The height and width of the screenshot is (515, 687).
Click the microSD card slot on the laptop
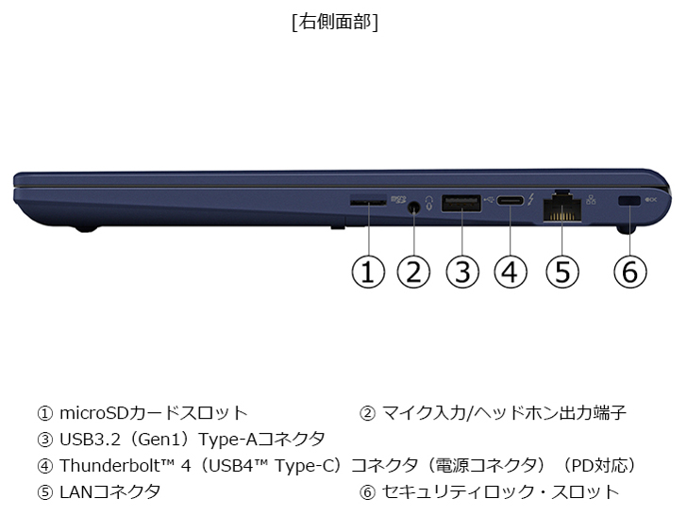368,202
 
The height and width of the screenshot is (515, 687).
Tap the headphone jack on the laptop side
412,208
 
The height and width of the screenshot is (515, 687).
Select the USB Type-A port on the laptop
461,203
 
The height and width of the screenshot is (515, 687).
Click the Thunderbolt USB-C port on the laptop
510,201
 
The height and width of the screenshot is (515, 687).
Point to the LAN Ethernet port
562,208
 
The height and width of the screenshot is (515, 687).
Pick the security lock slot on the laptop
629,201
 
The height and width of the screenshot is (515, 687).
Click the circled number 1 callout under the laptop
368,272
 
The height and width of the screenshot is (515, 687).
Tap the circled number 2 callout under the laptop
413,272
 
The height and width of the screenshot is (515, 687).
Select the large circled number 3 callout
462,272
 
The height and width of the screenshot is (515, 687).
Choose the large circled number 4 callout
511,272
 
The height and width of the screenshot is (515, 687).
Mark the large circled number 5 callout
562,272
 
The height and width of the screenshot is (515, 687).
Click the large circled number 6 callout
630,272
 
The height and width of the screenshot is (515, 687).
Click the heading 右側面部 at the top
335,22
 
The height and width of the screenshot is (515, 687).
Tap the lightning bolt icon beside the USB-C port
530,200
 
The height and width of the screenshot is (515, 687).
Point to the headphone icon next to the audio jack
428,203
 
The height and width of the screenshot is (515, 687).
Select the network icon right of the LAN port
591,199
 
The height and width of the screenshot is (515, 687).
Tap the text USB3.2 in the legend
90,439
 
